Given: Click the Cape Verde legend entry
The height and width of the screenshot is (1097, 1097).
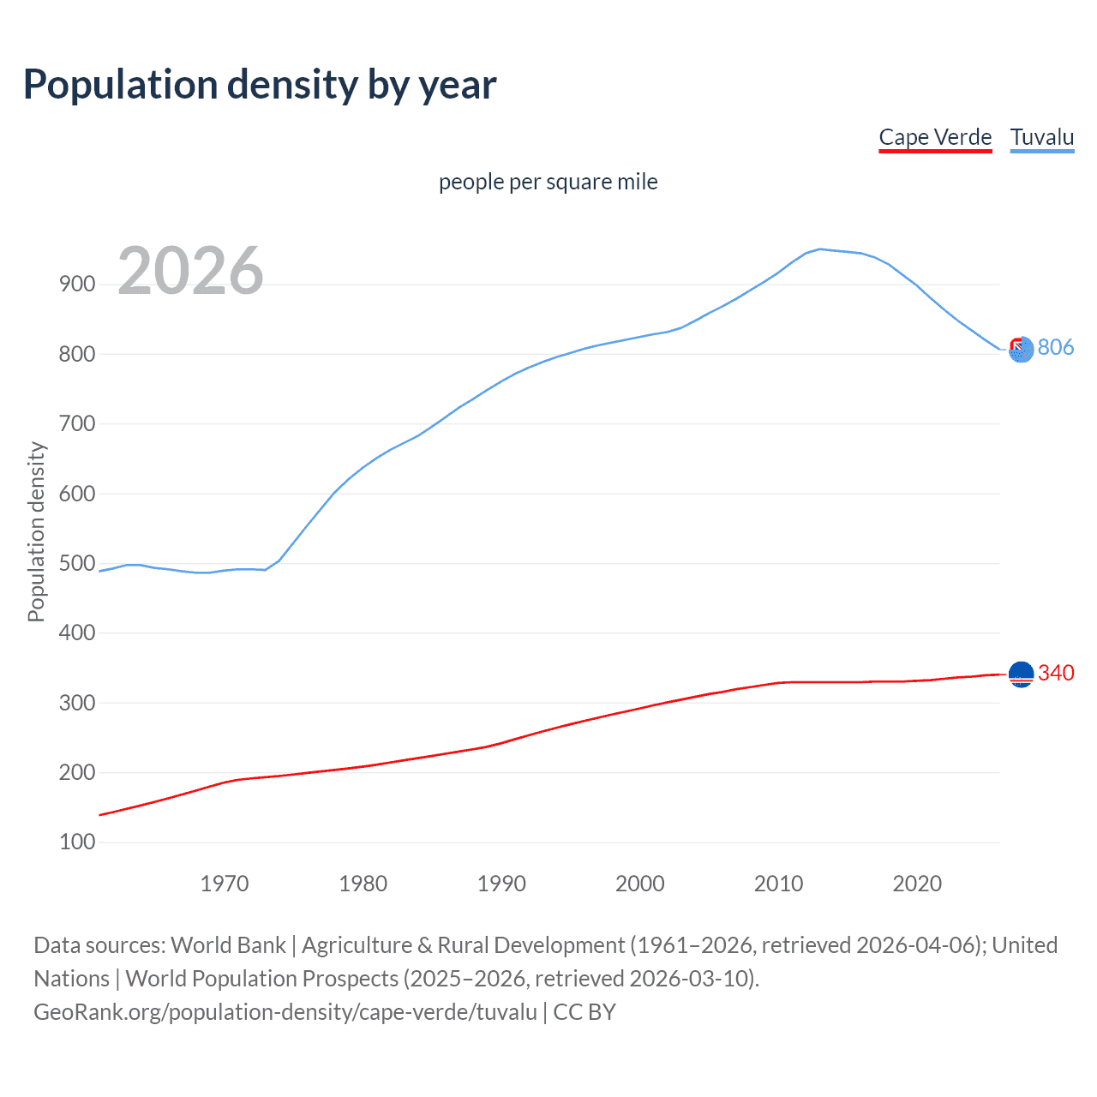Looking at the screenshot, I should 935,138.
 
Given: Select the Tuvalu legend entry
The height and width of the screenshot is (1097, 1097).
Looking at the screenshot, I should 1041,138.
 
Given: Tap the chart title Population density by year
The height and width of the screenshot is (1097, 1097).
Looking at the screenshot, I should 260,85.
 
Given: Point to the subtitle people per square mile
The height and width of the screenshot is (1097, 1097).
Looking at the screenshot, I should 548,182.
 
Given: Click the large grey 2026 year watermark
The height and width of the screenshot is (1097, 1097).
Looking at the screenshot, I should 190,271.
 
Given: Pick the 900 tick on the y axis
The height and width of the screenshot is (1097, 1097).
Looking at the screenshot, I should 77,285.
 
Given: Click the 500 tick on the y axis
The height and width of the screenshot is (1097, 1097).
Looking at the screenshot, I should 77,563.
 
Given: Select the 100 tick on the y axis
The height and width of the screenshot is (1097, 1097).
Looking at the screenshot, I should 77,842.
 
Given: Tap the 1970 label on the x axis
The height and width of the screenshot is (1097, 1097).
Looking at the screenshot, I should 225,884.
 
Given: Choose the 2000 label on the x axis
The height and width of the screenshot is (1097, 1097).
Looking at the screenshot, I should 640,884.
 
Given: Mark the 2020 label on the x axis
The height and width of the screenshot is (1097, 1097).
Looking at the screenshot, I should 917,884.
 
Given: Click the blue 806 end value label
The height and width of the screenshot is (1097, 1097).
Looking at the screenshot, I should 1055,347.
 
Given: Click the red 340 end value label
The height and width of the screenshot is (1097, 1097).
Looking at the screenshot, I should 1055,673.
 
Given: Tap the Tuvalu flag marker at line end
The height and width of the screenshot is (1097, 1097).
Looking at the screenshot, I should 1021,349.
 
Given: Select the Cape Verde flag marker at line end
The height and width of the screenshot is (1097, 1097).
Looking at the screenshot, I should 1021,674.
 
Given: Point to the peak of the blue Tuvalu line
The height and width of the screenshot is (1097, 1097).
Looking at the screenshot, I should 820,249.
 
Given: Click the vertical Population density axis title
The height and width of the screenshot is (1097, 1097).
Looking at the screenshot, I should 36,531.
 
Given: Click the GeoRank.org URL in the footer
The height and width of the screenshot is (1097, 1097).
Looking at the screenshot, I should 285,1012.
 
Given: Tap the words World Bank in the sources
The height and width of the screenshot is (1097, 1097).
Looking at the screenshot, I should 228,945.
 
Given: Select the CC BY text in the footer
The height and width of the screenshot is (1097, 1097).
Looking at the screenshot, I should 584,1012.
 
